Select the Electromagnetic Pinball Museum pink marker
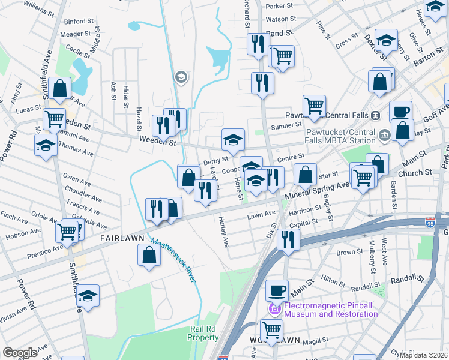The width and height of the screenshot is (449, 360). point(275,309)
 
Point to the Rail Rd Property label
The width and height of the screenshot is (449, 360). point(203,333)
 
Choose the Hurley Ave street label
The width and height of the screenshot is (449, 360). point(223,232)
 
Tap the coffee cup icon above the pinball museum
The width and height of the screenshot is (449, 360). point(277,290)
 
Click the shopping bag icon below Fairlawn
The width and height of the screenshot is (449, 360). point(149,254)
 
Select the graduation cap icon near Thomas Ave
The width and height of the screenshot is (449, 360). point(46,145)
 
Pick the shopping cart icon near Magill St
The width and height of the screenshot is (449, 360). point(272,329)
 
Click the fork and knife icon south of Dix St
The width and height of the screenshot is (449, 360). point(288,239)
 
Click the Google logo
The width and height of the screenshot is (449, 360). point(20,353)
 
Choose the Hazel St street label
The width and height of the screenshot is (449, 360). point(139,117)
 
